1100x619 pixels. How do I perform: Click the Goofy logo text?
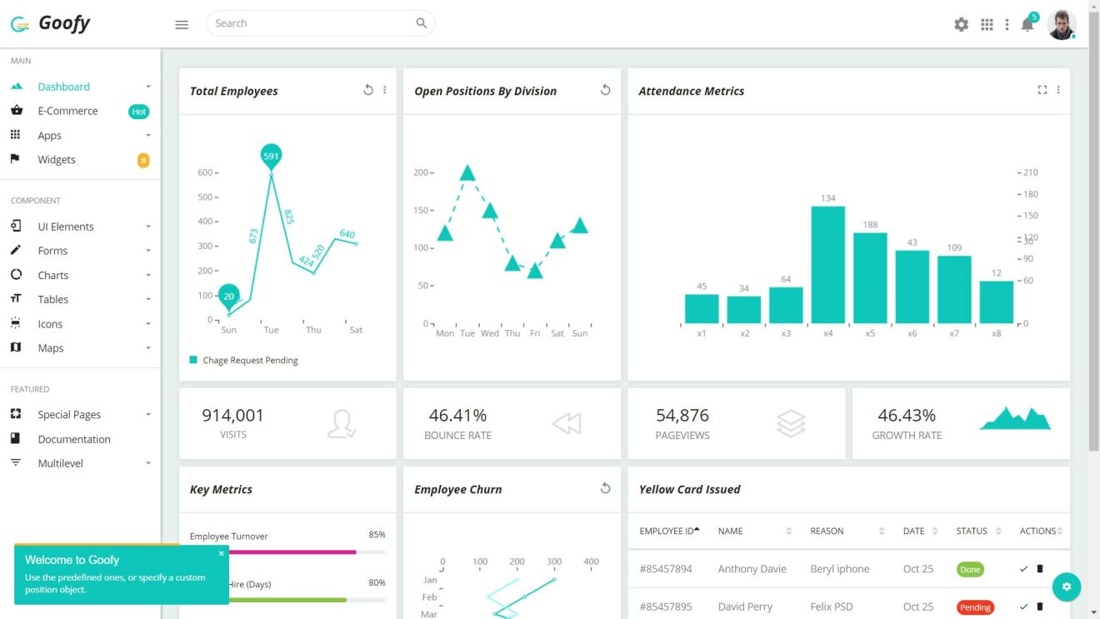click(x=63, y=23)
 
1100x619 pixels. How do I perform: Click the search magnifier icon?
click(x=422, y=23)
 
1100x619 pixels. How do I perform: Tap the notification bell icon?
click(x=1027, y=25)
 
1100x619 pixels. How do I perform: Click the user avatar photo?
click(x=1061, y=24)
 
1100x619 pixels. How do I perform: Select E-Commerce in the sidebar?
click(x=67, y=111)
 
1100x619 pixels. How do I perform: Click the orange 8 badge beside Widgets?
click(x=143, y=160)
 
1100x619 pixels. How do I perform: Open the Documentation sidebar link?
click(x=74, y=439)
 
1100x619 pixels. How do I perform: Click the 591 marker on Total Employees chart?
click(x=271, y=156)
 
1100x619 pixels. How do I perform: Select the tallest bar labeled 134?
click(x=827, y=264)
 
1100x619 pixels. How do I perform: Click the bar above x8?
click(x=996, y=302)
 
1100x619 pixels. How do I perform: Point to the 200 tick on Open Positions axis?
click(x=421, y=172)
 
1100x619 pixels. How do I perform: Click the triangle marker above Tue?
click(x=467, y=173)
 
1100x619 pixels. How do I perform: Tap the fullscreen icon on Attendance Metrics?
click(x=1042, y=90)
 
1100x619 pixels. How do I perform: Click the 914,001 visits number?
click(x=232, y=415)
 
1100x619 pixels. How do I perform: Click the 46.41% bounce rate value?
click(x=457, y=415)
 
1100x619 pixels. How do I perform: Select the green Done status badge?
click(x=970, y=570)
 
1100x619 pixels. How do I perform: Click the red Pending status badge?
click(x=975, y=607)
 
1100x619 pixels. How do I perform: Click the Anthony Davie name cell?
click(x=752, y=569)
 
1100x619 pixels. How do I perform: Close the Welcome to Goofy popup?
click(x=222, y=553)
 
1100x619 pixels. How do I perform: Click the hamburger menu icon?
click(x=182, y=25)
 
